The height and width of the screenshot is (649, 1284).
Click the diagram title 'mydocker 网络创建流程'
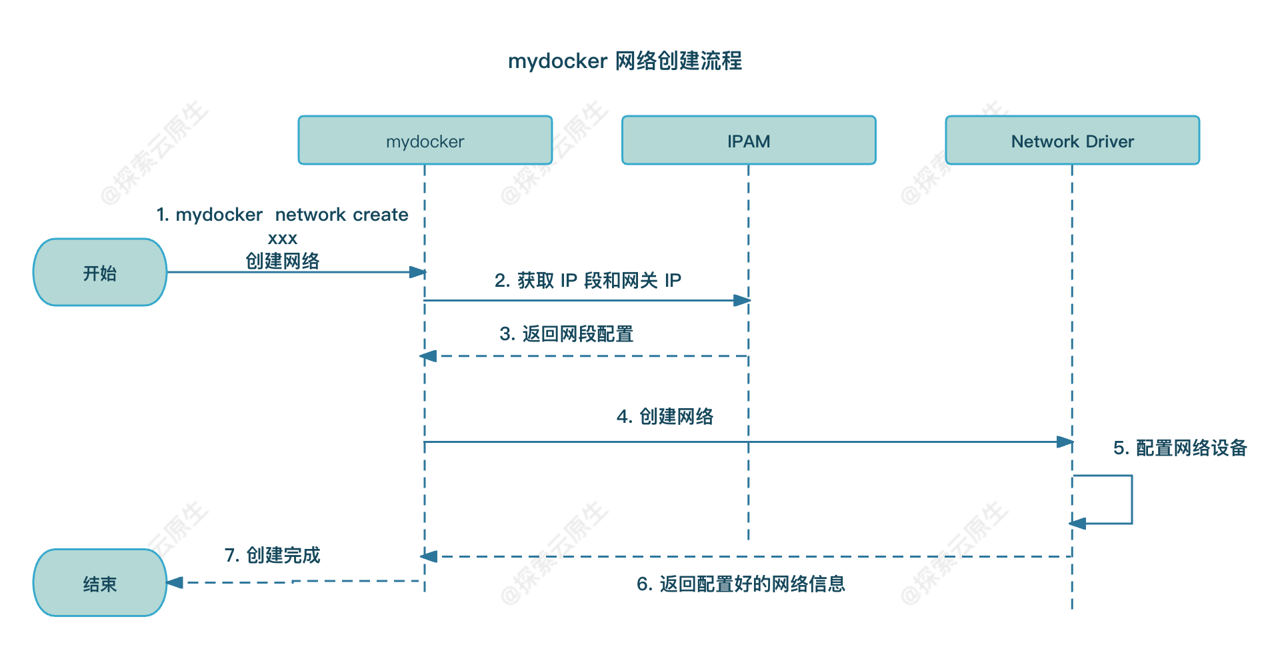click(625, 61)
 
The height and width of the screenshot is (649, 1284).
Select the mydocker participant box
click(425, 141)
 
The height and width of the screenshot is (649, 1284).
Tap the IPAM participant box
click(748, 141)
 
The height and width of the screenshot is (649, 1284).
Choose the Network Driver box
click(1071, 141)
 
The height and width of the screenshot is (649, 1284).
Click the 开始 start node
click(100, 273)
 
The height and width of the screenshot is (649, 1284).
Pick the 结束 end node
click(100, 584)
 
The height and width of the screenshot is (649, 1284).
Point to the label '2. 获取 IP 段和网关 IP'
click(587, 280)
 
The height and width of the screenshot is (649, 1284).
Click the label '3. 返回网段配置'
click(566, 334)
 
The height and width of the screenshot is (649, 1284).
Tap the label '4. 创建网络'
click(665, 416)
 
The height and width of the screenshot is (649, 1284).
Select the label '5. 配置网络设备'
click(1179, 448)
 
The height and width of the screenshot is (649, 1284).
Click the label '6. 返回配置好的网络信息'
click(741, 584)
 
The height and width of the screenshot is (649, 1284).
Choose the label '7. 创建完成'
click(272, 555)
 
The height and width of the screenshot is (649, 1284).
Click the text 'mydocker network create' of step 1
click(282, 215)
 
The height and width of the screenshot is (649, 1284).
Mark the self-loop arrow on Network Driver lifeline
click(1131, 500)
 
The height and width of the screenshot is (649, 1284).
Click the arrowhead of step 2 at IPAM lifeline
click(741, 301)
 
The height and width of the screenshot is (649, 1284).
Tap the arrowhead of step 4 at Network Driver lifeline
click(1065, 442)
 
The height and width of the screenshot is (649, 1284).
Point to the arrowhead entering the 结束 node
click(175, 583)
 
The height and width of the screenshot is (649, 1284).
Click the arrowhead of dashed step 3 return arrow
click(429, 356)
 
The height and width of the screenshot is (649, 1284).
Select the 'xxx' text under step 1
click(282, 238)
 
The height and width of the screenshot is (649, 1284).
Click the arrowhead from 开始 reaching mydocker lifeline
click(417, 272)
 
